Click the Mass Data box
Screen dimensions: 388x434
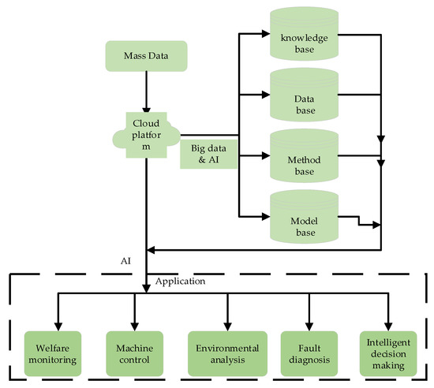pyautogui.click(x=147, y=55)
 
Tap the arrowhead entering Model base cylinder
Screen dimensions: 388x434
pyautogui.click(x=266, y=214)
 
